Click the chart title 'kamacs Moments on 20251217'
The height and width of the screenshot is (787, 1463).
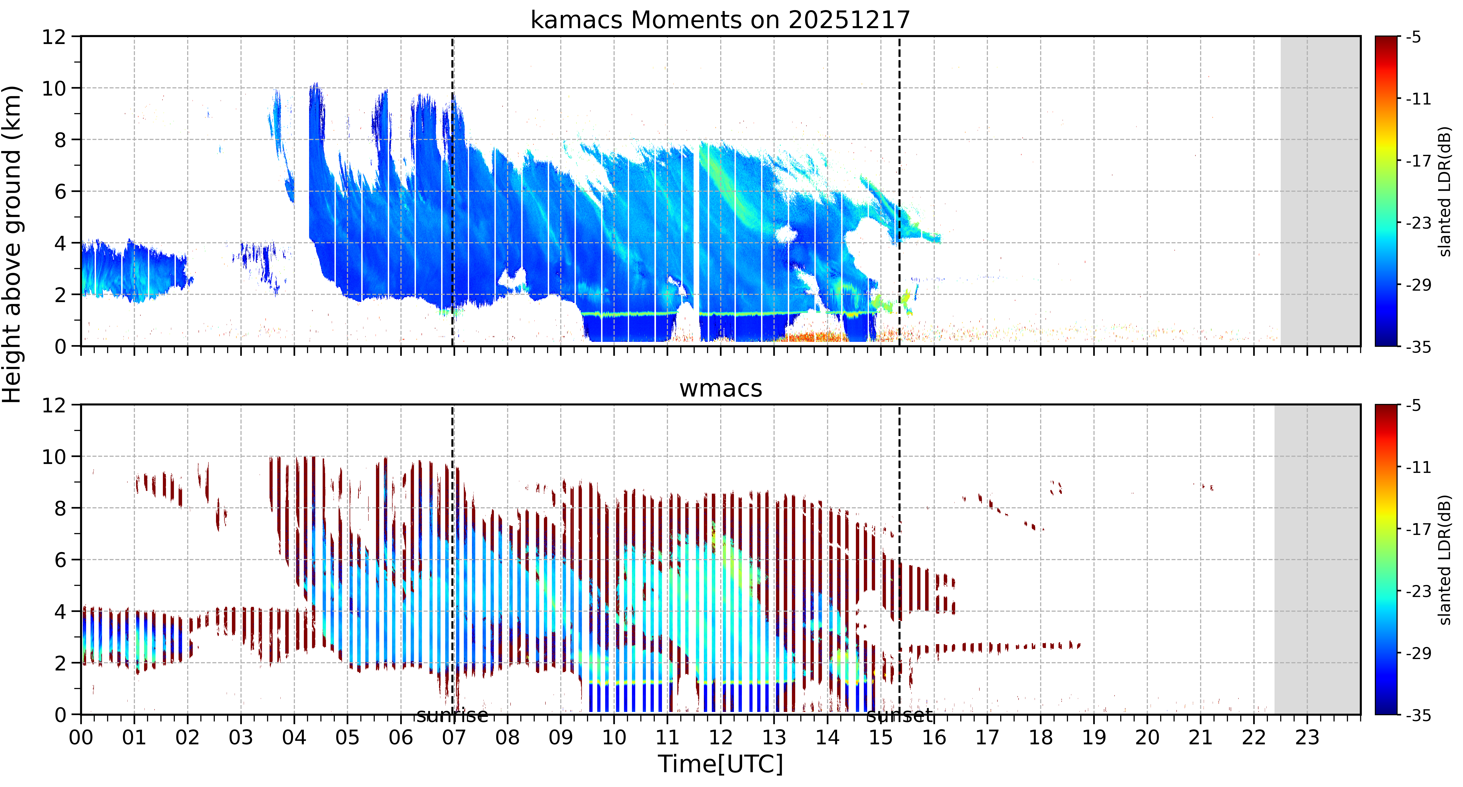click(720, 20)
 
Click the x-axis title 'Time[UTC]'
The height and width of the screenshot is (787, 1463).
click(720, 764)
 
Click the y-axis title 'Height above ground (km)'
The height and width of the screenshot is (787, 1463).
click(12, 244)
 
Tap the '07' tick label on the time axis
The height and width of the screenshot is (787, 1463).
click(454, 738)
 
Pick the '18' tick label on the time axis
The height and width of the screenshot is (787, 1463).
click(1040, 738)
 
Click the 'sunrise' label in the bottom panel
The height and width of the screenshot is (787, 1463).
click(452, 715)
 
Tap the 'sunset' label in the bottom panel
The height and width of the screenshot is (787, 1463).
click(900, 715)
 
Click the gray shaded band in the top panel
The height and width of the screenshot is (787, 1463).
click(1320, 191)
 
